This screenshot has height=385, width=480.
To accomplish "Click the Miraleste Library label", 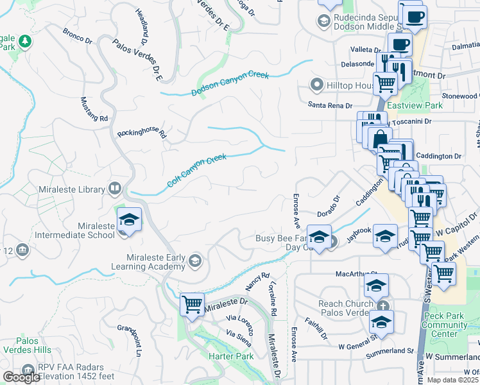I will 73,189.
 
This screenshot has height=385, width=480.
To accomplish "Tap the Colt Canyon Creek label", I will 197,170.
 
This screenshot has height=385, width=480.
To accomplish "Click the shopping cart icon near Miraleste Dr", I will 193,305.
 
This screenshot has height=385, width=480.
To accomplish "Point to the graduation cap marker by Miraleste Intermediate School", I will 129,220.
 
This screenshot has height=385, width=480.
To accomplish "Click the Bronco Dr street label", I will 78,36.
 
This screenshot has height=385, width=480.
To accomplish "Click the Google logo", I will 21,377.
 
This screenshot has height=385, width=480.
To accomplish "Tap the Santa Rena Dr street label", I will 330,105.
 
